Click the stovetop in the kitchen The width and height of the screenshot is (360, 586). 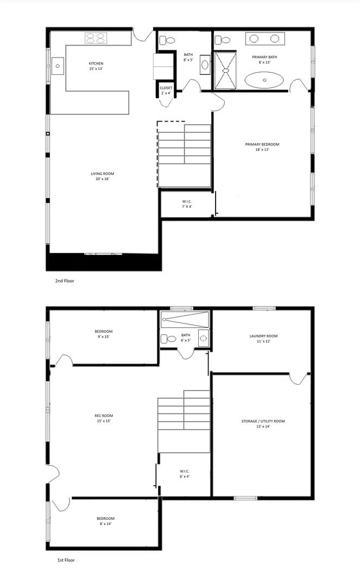point(96,38)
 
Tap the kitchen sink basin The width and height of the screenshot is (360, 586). point(58,66)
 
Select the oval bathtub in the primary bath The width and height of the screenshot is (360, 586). point(264,80)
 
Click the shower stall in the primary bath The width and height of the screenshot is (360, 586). point(225,71)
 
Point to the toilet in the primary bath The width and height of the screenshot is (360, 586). point(223,40)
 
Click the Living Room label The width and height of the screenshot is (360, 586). point(103,176)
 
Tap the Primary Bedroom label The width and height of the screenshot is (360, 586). point(262,147)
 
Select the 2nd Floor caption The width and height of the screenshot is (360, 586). point(65,281)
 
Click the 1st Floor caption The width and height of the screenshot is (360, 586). point(66,560)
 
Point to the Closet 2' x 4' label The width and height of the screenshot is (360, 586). point(166,91)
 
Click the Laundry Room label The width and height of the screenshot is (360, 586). point(263,339)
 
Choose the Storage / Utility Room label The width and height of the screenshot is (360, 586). point(263,424)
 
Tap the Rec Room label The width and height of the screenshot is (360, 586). point(104,418)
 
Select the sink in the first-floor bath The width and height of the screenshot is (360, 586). point(204,338)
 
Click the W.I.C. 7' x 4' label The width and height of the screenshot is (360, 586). point(187,204)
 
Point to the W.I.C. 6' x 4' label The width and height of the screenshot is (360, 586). point(185,474)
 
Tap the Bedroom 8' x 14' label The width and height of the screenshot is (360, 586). point(105,521)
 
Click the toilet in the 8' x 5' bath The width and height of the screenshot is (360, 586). point(167,40)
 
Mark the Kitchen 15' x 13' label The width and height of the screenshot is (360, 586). point(96,66)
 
